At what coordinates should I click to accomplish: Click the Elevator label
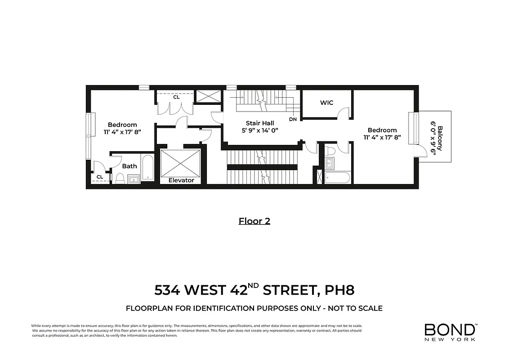click(181, 180)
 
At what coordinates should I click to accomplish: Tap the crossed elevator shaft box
click(180, 162)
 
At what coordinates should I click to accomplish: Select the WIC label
click(326, 103)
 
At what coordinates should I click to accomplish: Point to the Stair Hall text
click(259, 123)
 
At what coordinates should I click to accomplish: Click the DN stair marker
click(293, 119)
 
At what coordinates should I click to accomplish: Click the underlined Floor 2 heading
click(254, 221)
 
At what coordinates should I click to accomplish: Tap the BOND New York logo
click(450, 332)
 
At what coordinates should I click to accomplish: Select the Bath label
click(129, 166)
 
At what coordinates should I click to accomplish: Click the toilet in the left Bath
click(120, 179)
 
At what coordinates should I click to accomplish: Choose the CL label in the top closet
click(176, 96)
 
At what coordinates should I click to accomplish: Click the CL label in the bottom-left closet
click(100, 177)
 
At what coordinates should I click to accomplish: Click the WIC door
click(345, 113)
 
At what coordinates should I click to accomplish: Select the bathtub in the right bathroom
click(337, 178)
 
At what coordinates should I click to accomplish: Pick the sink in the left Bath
click(134, 180)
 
